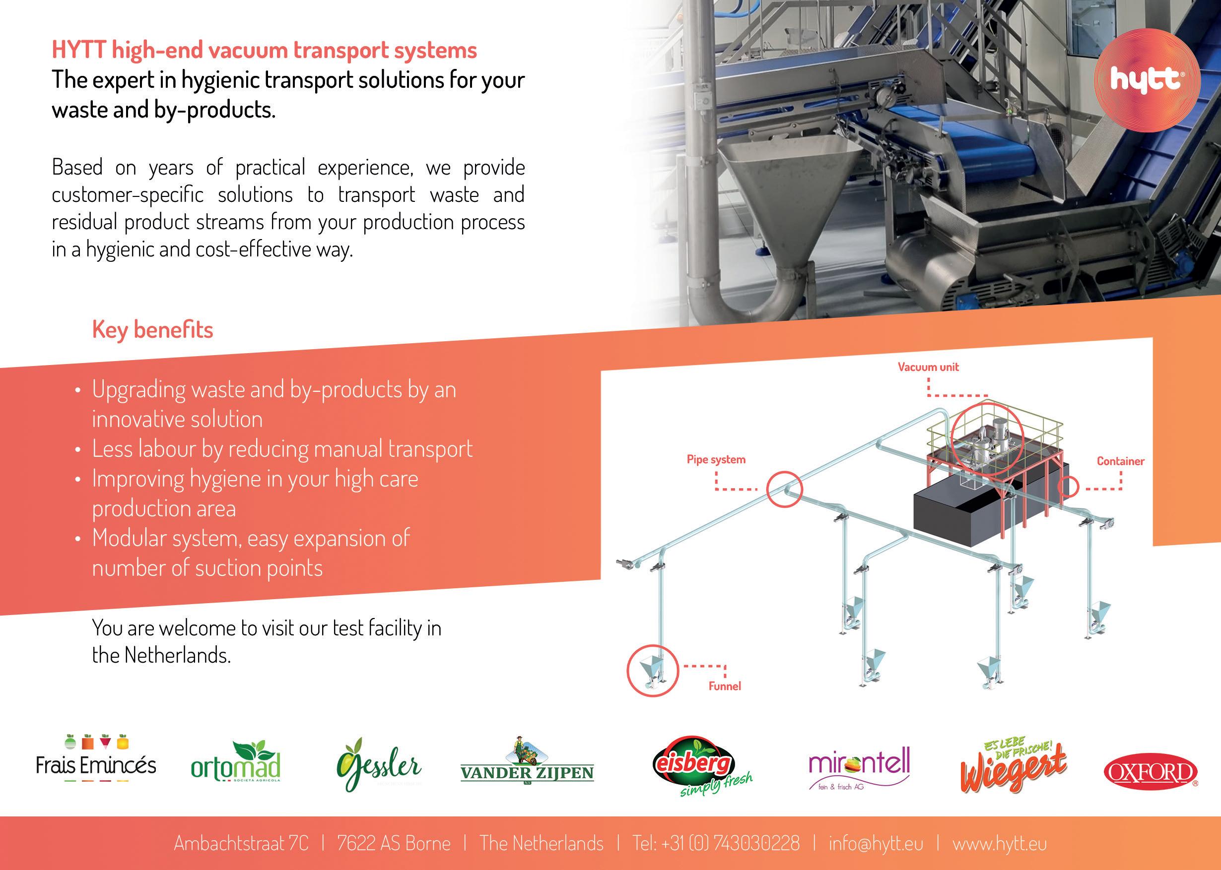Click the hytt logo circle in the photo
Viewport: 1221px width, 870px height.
[x=1145, y=80]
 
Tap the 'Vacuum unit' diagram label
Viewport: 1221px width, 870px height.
[x=928, y=367]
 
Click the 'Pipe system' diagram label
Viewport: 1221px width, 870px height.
[x=716, y=459]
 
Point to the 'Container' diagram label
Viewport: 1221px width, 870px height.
[x=1120, y=461]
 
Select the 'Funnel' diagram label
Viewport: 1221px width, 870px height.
[x=725, y=685]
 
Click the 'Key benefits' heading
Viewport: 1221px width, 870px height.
[x=153, y=329]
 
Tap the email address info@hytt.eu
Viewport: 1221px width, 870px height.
[x=876, y=843]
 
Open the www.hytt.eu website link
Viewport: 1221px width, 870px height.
[x=1000, y=843]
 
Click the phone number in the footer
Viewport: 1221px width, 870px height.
[x=716, y=843]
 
